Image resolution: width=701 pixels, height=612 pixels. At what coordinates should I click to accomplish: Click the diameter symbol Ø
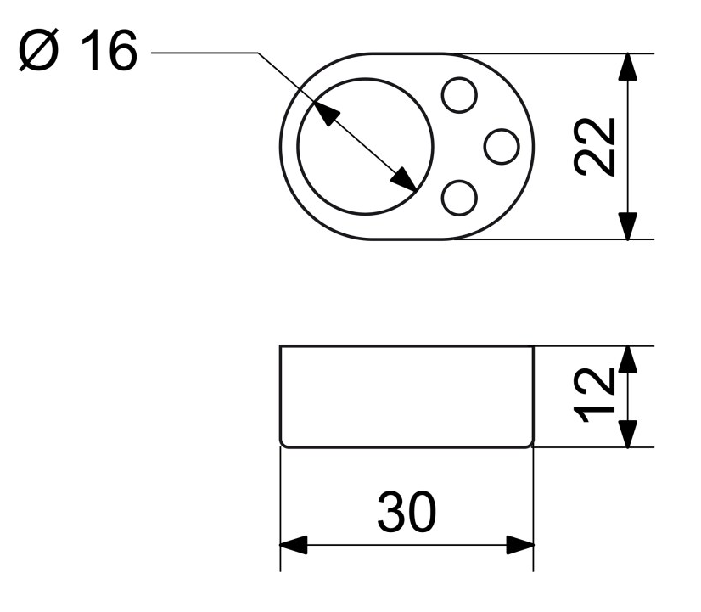(38, 50)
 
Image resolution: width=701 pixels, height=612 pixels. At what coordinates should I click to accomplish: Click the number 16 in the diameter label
(109, 50)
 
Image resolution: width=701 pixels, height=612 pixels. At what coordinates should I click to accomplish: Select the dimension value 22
(595, 147)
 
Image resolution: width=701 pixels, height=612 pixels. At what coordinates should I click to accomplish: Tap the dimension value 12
(595, 396)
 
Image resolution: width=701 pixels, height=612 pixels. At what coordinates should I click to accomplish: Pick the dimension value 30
(407, 511)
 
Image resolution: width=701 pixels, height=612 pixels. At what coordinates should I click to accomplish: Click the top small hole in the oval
(459, 95)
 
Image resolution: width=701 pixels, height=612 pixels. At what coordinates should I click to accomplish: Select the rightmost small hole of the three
(502, 146)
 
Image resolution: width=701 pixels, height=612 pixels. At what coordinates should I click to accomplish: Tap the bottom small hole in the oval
(459, 198)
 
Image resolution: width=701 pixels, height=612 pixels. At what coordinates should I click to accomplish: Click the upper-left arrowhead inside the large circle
(327, 113)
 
